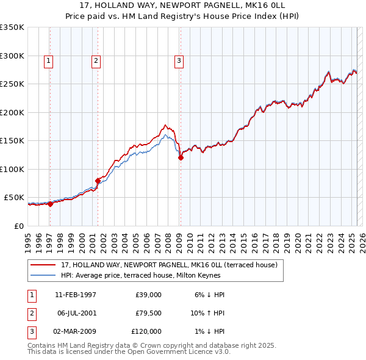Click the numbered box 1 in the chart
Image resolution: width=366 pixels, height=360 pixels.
(x=48, y=60)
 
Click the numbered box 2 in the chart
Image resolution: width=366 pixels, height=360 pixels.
(x=96, y=60)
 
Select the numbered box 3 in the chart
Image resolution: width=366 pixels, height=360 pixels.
(x=179, y=60)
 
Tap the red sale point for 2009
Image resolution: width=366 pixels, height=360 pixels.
(x=181, y=157)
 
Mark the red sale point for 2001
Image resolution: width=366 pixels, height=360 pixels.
(x=98, y=181)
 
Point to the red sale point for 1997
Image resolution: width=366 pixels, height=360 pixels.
(x=51, y=204)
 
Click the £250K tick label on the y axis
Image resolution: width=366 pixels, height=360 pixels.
(x=12, y=84)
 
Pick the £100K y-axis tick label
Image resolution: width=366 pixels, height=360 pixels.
(x=12, y=169)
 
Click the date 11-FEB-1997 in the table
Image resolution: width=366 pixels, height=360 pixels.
(x=75, y=295)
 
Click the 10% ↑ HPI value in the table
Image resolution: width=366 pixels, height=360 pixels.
(x=207, y=313)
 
